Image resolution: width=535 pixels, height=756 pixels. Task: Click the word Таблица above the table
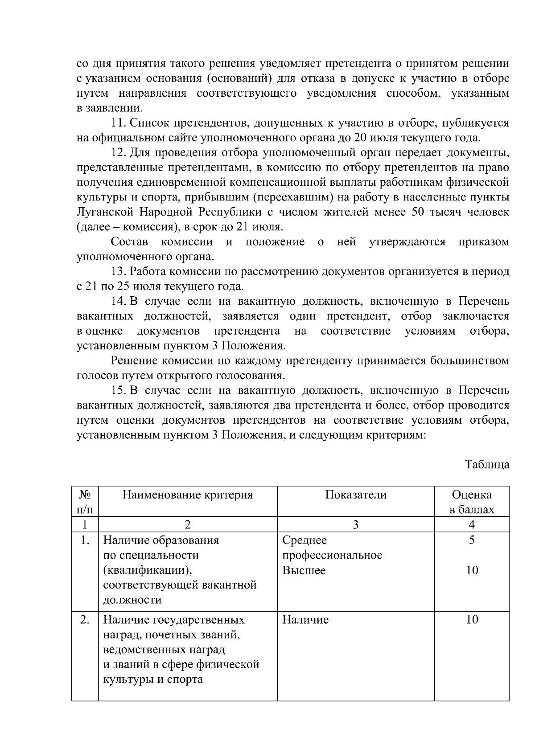coord(487,464)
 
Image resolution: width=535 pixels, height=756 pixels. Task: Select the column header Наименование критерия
coord(188,495)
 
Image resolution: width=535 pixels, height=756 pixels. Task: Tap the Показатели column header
coord(355,495)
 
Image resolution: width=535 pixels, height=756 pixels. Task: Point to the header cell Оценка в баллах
coord(472,502)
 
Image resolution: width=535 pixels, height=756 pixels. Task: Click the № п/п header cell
coord(85,502)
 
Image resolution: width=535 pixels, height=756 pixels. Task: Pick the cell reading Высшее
coord(304,570)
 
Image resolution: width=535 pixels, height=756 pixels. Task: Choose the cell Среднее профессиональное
coord(332,548)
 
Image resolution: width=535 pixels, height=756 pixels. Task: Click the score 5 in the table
coord(472,540)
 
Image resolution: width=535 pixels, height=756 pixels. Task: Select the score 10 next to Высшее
coord(472,570)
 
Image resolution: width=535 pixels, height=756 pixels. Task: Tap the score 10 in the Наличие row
coord(472,620)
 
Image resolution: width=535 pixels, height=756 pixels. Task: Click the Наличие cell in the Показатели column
coord(305,620)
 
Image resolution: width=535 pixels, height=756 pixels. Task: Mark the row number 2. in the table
coord(85,620)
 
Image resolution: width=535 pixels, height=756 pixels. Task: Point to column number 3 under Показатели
coord(355,525)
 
